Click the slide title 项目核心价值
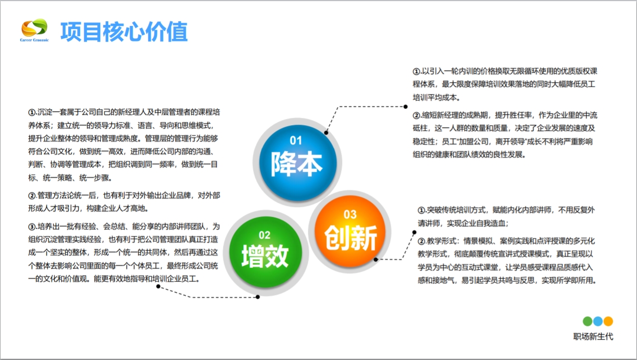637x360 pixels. click(x=124, y=32)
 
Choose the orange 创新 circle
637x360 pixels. click(x=350, y=231)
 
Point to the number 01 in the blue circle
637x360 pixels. click(x=295, y=141)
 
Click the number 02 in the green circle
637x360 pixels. click(x=264, y=235)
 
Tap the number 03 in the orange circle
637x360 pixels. click(x=350, y=214)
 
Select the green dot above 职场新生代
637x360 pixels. click(x=587, y=321)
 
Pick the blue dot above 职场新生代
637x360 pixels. click(x=598, y=321)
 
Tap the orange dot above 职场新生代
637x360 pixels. click(x=608, y=321)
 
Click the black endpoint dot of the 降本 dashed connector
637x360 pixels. click(x=406, y=107)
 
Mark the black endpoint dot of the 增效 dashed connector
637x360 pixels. click(x=258, y=297)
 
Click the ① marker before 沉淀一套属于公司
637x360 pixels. click(x=32, y=112)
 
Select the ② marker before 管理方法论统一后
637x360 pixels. click(x=32, y=196)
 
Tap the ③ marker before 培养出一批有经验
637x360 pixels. click(x=32, y=226)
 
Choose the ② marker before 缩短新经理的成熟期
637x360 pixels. click(x=417, y=115)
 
